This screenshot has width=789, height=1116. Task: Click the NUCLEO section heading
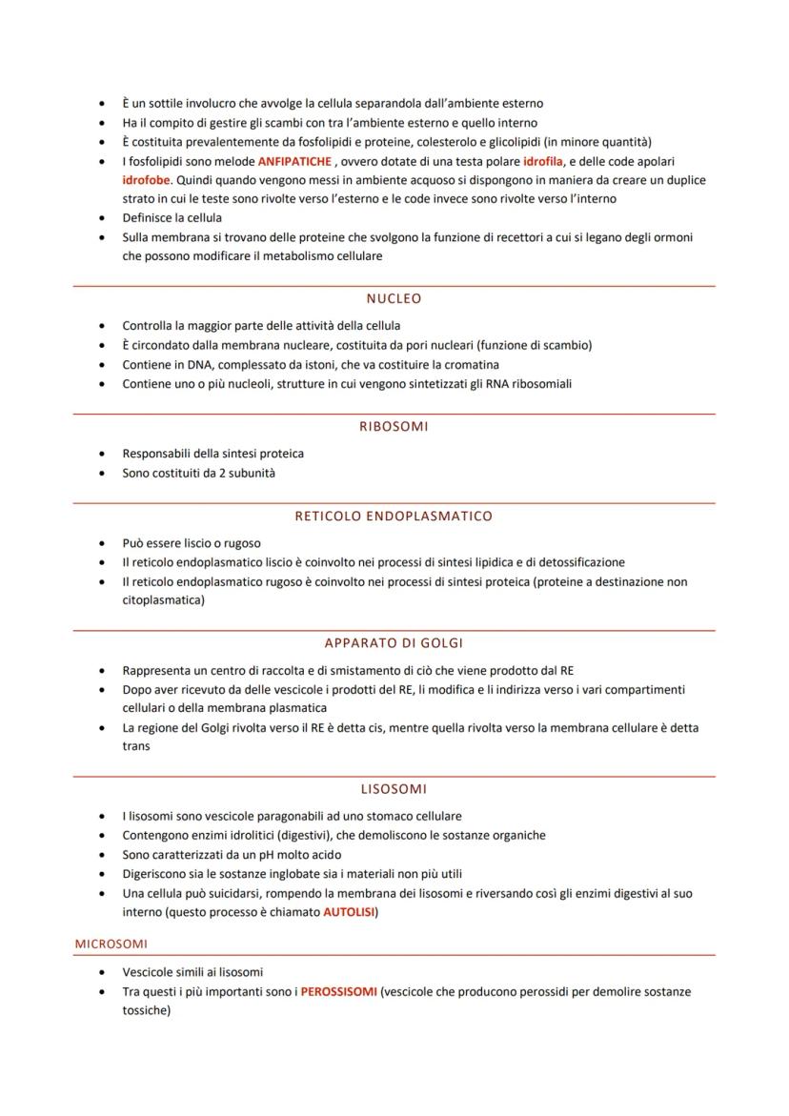(394, 298)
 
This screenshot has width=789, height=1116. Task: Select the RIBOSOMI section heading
(394, 426)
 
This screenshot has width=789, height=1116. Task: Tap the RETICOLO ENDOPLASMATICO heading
(394, 516)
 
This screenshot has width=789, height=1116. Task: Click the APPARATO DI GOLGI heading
(394, 643)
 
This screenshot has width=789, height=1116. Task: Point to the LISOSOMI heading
(394, 789)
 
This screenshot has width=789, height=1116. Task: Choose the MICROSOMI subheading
(111, 944)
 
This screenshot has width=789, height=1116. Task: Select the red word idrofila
(543, 161)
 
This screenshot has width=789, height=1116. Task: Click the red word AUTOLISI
(349, 912)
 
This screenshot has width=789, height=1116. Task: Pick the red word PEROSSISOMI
(338, 991)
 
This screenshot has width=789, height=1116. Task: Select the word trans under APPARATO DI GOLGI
(136, 746)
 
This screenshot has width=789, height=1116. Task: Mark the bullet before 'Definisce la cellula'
(102, 218)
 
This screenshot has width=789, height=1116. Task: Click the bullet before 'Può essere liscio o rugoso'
(102, 543)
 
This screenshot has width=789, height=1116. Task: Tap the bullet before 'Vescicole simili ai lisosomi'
(102, 972)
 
